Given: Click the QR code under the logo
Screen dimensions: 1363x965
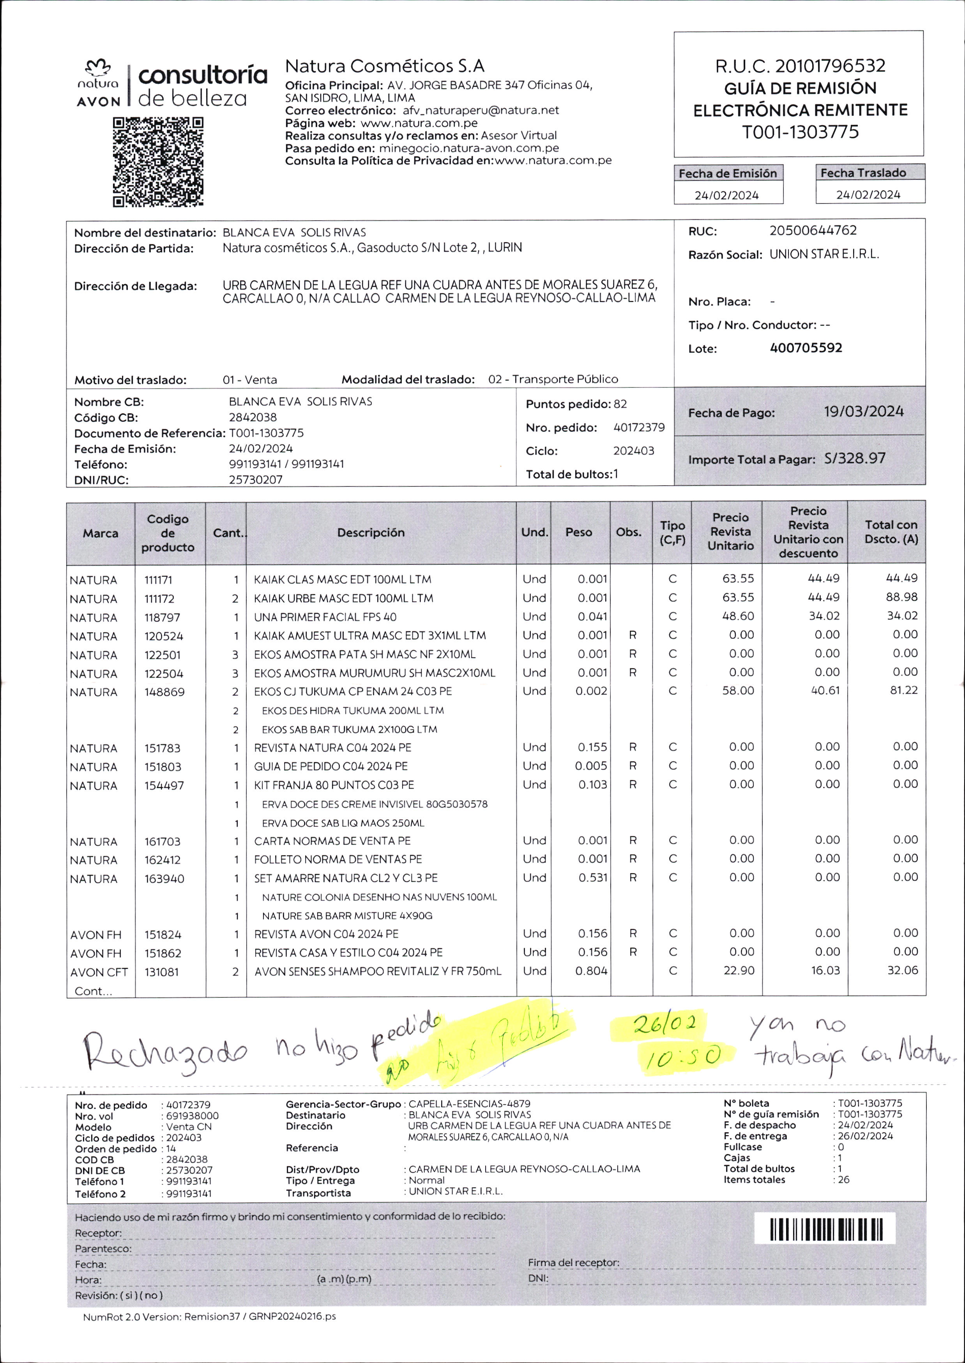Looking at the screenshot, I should [x=158, y=162].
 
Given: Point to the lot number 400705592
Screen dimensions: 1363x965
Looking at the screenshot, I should [x=806, y=348].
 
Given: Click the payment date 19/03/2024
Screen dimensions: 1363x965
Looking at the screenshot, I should [x=863, y=412].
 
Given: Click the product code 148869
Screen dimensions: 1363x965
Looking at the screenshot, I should [x=164, y=692].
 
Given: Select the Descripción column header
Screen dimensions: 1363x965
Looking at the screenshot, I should [x=371, y=533].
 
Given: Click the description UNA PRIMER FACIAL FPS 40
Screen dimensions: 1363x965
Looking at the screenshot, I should [x=325, y=617].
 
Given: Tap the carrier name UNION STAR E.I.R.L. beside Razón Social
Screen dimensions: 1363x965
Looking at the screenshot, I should [x=824, y=254].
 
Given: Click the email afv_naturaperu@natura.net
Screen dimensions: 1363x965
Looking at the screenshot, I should [x=480, y=111].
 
